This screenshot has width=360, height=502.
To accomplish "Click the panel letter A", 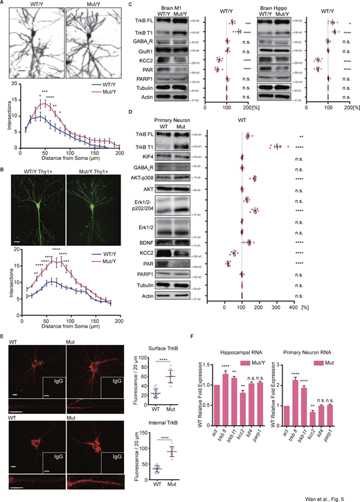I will pos(3,5).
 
